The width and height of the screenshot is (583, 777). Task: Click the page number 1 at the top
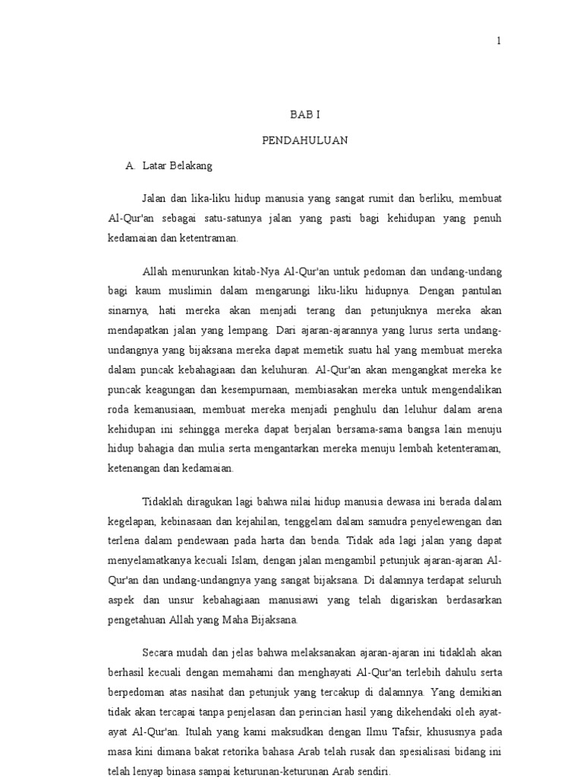pyautogui.click(x=499, y=41)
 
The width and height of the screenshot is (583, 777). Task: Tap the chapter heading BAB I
pyautogui.click(x=301, y=114)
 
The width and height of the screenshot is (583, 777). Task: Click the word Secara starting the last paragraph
pyautogui.click(x=158, y=653)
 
